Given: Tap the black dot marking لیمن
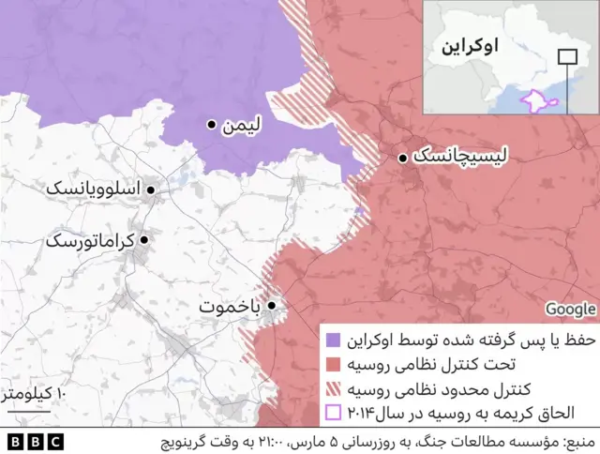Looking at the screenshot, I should [x=213, y=124].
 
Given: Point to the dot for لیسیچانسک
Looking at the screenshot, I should [x=402, y=158].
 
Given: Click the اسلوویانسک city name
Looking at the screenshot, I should [x=93, y=189].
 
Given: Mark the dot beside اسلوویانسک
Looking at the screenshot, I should [x=150, y=189].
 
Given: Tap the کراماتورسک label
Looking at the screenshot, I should [x=90, y=240].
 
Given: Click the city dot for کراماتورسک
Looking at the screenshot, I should [x=143, y=240].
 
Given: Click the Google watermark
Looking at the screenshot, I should [x=571, y=309].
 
